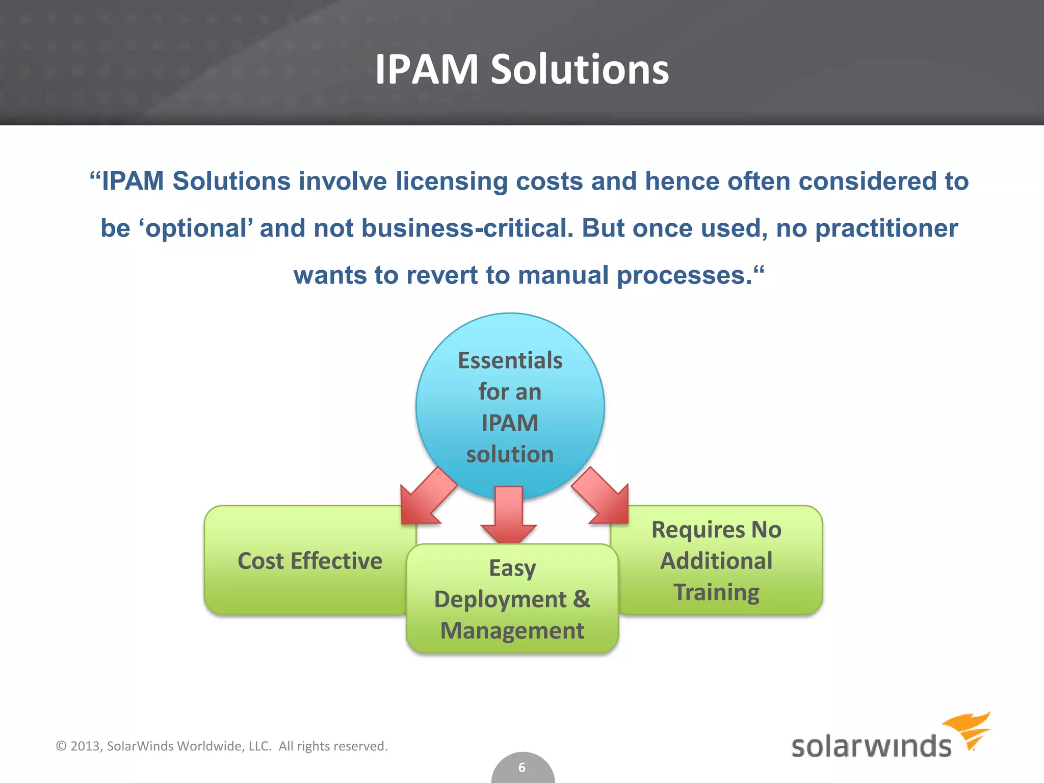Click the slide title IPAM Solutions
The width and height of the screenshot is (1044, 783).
[x=521, y=69]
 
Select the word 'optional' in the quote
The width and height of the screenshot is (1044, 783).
[x=196, y=228]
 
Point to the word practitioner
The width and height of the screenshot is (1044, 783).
[x=886, y=228]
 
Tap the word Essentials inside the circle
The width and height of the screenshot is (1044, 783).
[x=510, y=360]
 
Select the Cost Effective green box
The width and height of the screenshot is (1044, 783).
[x=309, y=561]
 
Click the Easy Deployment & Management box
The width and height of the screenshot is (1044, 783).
[x=512, y=599]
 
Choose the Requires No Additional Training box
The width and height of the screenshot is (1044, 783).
[x=716, y=561]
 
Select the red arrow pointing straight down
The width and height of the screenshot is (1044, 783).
[x=509, y=515]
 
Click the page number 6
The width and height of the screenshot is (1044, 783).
[x=522, y=767]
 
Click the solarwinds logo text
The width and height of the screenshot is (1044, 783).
[x=871, y=746]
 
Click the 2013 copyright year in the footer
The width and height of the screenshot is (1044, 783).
[x=86, y=746]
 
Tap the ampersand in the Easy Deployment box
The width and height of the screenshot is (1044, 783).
[x=581, y=599]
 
